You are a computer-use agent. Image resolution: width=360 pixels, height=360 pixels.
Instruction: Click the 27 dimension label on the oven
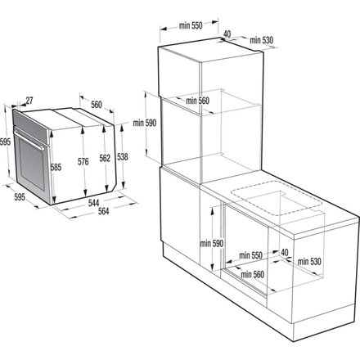tap(29, 101)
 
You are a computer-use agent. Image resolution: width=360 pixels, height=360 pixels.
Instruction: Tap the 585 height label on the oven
tap(56, 168)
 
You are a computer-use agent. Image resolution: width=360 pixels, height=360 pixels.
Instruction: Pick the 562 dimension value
tap(105, 160)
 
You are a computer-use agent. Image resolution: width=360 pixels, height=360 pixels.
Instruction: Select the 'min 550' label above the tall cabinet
tap(190, 26)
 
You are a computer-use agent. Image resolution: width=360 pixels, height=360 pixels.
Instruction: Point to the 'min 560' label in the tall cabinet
tap(197, 101)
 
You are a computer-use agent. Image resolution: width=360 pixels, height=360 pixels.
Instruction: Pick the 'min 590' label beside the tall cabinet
tap(155, 122)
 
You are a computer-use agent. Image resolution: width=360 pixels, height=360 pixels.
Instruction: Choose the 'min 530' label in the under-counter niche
tap(308, 261)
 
